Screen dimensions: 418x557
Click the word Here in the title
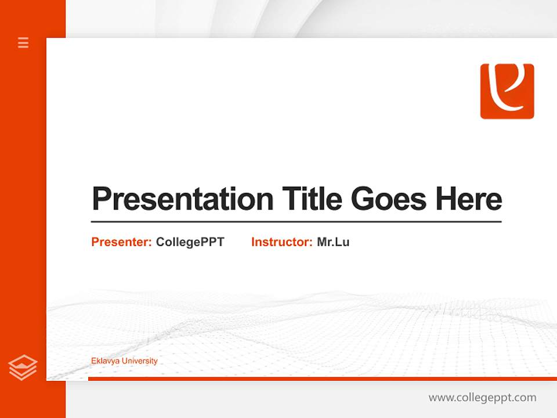468,199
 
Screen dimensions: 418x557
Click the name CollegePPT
190,242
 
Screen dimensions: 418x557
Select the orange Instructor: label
281,242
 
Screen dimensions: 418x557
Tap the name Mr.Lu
333,242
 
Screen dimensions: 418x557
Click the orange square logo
507,91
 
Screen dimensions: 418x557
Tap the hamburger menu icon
23,42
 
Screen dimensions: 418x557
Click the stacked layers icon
23,367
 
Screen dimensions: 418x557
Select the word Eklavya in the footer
104,361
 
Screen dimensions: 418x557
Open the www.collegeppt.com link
482,398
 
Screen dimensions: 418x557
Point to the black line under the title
296,221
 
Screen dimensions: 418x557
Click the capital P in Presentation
101,199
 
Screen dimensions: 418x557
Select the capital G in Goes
362,199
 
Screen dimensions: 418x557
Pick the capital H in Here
446,199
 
